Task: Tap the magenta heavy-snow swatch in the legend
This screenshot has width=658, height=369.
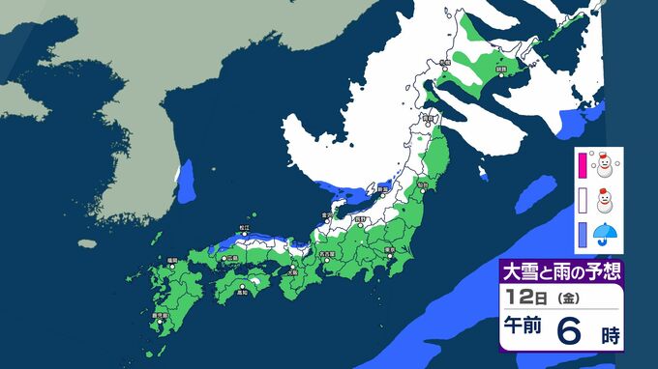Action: point(583,166)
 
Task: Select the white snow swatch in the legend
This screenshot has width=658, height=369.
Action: point(583,201)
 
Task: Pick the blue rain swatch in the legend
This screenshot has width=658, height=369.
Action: point(583,235)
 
